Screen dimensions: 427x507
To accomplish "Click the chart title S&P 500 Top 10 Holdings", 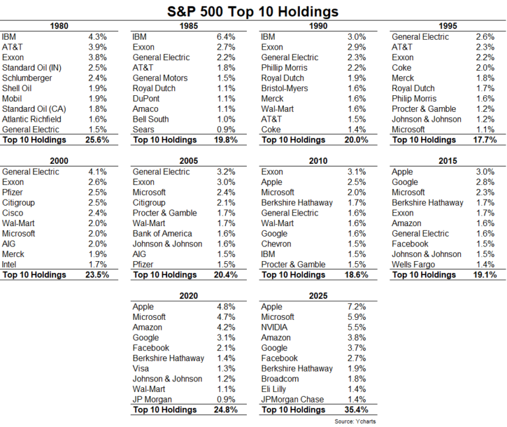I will tap(253, 11).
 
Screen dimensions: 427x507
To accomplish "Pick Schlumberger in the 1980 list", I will tap(25, 78).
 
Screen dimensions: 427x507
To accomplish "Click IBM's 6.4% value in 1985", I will tap(228, 37).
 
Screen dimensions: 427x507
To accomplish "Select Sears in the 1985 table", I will tap(144, 130).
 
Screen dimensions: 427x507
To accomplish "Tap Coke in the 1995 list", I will tap(403, 68).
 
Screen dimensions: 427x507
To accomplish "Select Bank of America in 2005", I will tap(162, 233).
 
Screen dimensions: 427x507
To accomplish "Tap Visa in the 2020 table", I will tap(142, 368).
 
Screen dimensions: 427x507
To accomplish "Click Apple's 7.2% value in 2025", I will tap(358, 307).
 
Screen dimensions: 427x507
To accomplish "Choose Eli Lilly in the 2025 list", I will tap(277, 389).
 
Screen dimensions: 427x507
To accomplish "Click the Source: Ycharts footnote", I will tap(354, 421).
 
